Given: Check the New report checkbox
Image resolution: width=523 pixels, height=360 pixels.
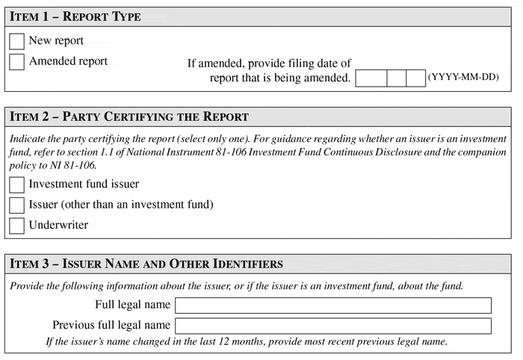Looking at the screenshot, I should [16, 42].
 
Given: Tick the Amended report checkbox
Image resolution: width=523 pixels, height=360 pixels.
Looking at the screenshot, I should [16, 62].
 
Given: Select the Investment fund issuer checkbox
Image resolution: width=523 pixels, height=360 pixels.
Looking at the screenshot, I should [16, 184].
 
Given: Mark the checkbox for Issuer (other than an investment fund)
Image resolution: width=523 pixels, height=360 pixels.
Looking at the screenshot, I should [16, 205].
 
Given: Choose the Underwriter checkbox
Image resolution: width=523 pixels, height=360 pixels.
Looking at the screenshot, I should [16, 225].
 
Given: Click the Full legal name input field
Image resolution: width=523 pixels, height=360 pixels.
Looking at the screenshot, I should [332, 305].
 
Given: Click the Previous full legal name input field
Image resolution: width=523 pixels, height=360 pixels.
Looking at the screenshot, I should [332, 326].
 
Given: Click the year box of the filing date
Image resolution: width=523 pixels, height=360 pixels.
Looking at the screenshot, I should [371, 78].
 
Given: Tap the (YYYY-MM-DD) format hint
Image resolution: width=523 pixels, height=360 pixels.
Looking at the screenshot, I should [463, 78].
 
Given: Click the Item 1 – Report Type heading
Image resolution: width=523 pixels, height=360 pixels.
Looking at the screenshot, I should [75, 16].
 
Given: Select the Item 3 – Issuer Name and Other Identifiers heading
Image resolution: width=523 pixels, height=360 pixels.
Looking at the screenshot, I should [146, 264].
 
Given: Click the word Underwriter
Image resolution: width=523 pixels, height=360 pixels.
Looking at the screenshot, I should [58, 225].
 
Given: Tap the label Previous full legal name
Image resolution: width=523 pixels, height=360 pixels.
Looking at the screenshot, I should [111, 326].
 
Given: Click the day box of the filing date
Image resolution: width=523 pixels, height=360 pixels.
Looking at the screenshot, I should [415, 78].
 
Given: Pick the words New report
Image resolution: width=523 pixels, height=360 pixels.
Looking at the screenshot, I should [56, 41].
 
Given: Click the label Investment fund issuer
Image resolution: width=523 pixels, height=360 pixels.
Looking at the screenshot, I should [84, 184].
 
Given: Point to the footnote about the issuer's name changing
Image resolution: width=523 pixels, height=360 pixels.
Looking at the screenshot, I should [247, 342].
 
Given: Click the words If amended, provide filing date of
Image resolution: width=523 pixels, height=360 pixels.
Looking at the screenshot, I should [269, 63].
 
